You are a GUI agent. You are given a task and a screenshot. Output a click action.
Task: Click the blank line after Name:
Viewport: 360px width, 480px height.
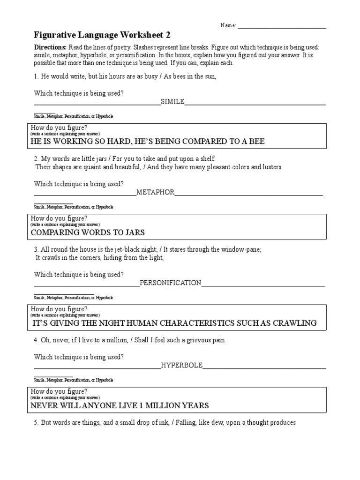pos(282,26)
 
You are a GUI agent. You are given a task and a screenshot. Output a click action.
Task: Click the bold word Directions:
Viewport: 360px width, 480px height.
pos(51,48)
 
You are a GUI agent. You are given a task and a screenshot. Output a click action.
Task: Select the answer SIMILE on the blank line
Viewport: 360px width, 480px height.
pos(172,101)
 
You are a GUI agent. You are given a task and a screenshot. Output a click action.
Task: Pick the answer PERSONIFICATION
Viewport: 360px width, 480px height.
pos(171,283)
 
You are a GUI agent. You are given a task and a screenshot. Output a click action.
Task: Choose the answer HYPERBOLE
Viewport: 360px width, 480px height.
pos(182,365)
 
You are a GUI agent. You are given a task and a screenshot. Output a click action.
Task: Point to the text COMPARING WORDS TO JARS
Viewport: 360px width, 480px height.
pos(88,232)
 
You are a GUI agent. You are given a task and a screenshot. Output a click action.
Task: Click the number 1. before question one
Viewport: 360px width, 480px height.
pos(37,77)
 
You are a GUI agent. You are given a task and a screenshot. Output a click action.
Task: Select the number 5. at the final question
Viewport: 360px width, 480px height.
pos(37,423)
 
